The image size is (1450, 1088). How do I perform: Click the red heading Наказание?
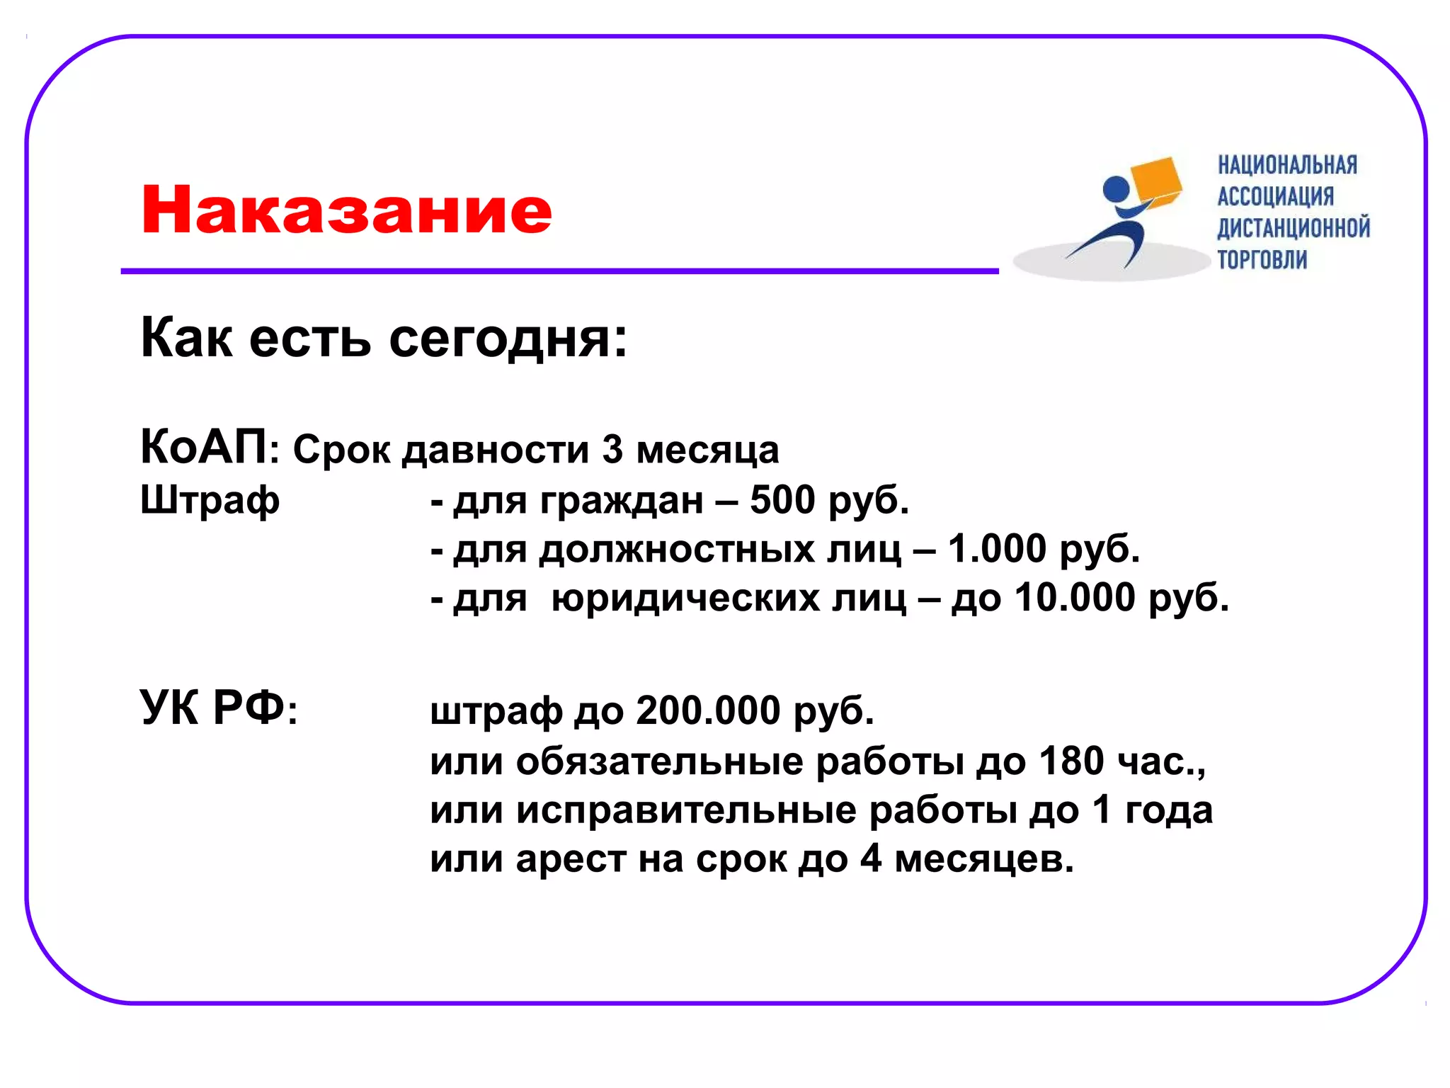346,210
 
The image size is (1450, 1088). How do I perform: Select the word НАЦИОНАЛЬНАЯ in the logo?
1287,165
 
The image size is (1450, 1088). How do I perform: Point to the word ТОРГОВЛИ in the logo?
1262,259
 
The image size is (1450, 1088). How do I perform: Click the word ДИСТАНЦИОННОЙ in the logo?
1293,228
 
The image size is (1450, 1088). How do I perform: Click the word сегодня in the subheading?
507,339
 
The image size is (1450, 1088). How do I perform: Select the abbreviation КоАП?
204,448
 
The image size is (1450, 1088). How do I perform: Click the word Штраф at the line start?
210,500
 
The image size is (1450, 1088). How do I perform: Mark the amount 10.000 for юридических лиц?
1075,598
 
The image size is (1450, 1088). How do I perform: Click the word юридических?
728,599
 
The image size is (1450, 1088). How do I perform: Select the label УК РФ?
212,708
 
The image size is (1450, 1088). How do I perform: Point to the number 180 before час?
1071,761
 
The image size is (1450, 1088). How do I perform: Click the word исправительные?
685,810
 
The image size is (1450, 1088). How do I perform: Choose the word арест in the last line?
571,859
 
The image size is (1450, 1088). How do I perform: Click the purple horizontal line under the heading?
559,271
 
